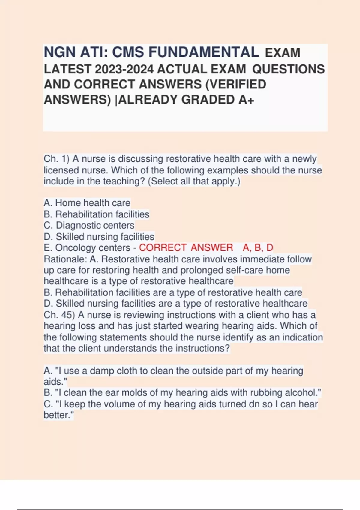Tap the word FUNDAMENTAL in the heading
(x=204, y=52)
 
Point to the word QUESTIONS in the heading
(x=288, y=69)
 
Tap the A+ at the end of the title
(x=247, y=100)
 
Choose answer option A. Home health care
(x=87, y=203)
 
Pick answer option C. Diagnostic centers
(x=89, y=225)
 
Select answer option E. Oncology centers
(x=87, y=248)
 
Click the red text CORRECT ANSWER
(x=186, y=248)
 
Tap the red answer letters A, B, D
(x=258, y=248)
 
